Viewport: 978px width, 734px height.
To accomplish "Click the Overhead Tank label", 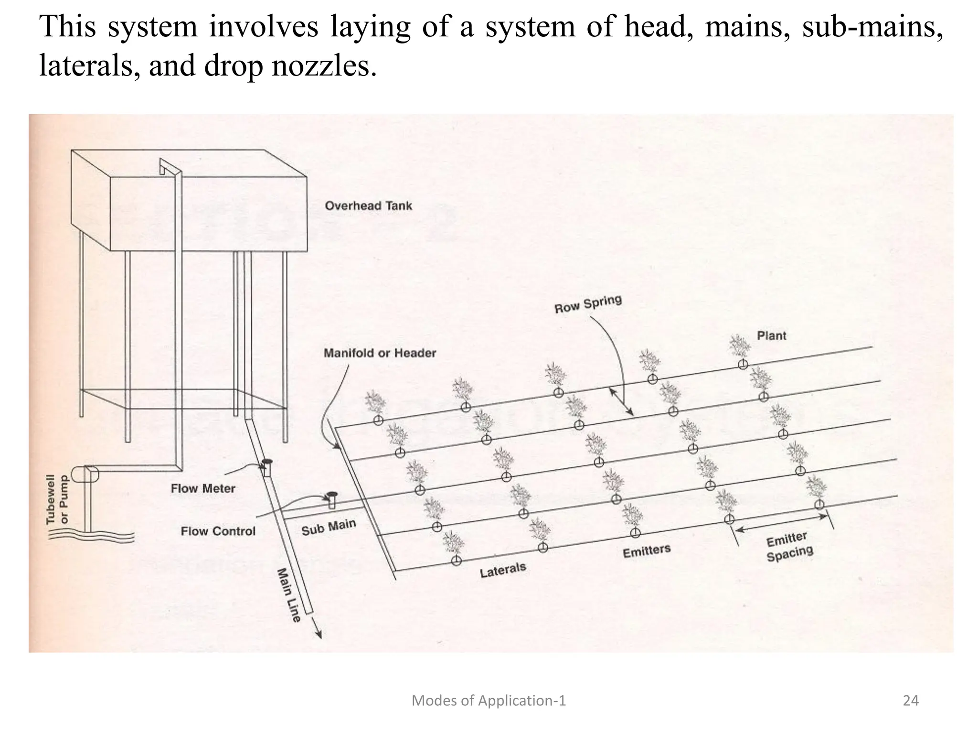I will click(368, 206).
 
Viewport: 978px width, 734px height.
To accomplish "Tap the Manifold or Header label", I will click(380, 353).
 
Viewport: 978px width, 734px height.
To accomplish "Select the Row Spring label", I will click(588, 304).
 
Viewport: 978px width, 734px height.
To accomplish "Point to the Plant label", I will click(771, 335).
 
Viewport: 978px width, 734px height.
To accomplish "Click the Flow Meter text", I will click(203, 488).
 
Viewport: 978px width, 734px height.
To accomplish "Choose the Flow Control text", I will click(218, 531).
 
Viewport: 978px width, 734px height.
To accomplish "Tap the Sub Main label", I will click(329, 527).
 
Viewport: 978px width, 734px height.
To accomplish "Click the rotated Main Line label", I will click(289, 595).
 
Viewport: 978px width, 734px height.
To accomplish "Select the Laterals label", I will click(503, 570).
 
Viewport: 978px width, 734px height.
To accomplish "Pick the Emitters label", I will click(647, 551).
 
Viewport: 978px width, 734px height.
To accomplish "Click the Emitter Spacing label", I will click(789, 548).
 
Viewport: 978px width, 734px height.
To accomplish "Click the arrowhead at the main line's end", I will click(319, 634).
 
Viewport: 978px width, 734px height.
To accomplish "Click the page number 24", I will click(911, 701).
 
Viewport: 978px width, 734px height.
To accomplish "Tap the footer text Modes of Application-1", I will click(489, 701).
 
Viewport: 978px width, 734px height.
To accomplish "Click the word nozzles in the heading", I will click(324, 65).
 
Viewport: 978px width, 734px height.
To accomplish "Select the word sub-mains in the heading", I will click(872, 26).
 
